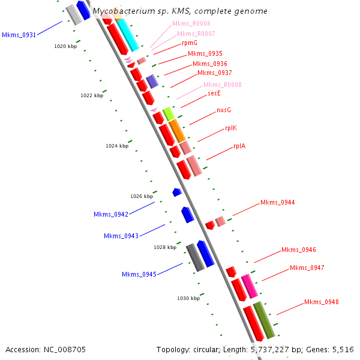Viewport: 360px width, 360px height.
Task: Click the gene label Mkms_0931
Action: tap(19, 35)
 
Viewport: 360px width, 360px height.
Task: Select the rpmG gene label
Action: tap(190, 43)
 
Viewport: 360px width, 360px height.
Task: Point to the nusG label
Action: tap(224, 110)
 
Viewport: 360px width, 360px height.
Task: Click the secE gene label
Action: tap(215, 94)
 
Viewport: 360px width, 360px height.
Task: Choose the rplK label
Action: tap(232, 128)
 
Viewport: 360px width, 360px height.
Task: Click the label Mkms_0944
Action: tap(277, 203)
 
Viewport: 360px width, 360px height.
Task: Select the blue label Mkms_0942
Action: tap(110, 215)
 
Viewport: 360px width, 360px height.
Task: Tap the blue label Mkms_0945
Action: tap(139, 275)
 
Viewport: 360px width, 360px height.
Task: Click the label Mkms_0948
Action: tap(321, 302)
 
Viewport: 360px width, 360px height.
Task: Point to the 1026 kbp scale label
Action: tap(142, 196)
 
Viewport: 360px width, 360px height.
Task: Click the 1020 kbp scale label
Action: tap(65, 46)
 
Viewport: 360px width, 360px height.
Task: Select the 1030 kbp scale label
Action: tap(188, 298)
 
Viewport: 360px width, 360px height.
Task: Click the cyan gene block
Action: tap(128, 35)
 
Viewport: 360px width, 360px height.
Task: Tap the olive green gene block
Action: tap(263, 319)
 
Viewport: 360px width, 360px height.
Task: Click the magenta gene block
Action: tap(250, 286)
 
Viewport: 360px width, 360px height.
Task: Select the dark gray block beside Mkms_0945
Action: tap(195, 257)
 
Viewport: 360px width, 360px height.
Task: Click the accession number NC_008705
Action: tap(46, 349)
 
